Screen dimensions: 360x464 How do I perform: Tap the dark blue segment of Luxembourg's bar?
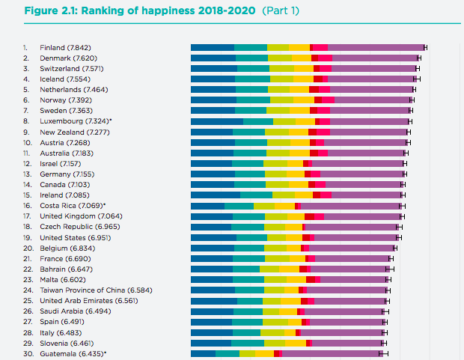[x=217, y=120]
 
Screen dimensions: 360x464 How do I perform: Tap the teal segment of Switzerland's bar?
[x=253, y=68]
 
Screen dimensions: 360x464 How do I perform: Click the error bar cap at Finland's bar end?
[x=425, y=47]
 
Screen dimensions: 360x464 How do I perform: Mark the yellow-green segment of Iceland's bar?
[x=281, y=79]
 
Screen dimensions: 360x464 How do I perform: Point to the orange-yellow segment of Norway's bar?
[x=303, y=100]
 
